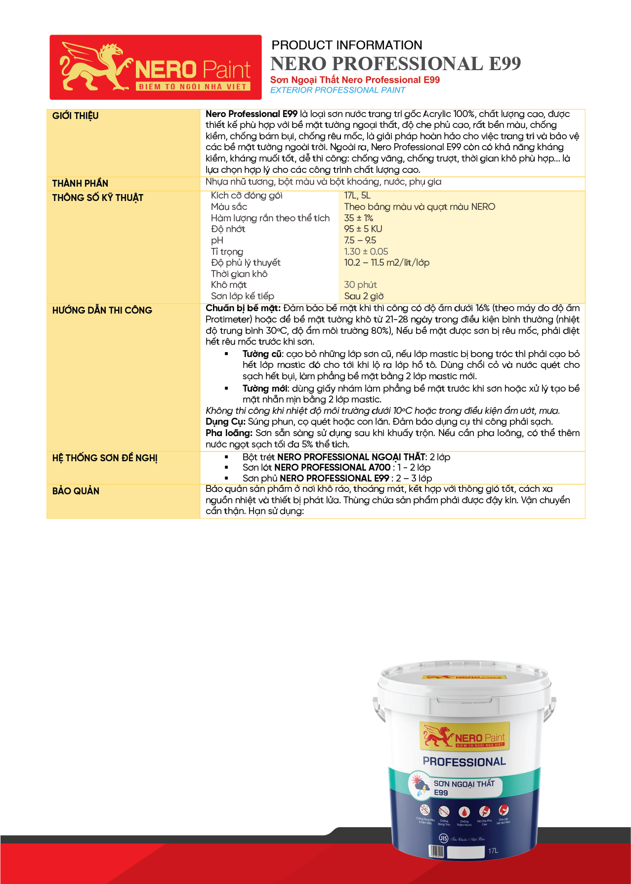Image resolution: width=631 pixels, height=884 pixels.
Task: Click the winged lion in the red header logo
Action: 94,67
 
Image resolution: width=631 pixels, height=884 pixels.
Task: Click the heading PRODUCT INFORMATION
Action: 347,45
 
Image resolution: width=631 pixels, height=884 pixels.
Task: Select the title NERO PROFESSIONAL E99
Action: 395,64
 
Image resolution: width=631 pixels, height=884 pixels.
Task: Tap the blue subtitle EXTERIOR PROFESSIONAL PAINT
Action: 337,90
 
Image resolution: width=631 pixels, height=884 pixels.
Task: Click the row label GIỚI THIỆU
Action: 76,116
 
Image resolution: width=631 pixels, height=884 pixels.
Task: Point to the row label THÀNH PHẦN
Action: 80,183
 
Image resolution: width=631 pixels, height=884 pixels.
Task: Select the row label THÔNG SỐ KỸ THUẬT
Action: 98,198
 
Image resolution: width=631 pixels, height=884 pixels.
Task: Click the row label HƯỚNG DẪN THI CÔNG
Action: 102,310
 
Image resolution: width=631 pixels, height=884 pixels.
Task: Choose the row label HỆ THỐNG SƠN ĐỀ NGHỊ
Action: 105,458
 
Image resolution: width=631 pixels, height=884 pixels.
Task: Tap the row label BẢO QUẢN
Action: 76,491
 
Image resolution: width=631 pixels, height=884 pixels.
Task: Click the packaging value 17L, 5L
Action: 357,196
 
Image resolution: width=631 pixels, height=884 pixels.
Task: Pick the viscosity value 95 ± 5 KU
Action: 363,229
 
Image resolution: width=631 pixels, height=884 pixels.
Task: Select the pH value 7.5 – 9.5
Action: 360,241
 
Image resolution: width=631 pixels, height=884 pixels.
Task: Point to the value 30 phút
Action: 360,285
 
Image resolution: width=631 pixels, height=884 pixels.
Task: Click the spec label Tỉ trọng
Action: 227,252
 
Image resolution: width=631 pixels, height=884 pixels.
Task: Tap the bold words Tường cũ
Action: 262,354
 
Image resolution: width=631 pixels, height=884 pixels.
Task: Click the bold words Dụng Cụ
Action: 225,422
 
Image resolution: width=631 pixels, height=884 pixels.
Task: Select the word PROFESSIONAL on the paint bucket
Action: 464,762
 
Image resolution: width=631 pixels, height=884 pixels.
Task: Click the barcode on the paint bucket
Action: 436,851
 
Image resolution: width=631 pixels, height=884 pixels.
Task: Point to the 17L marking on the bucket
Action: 493,850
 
